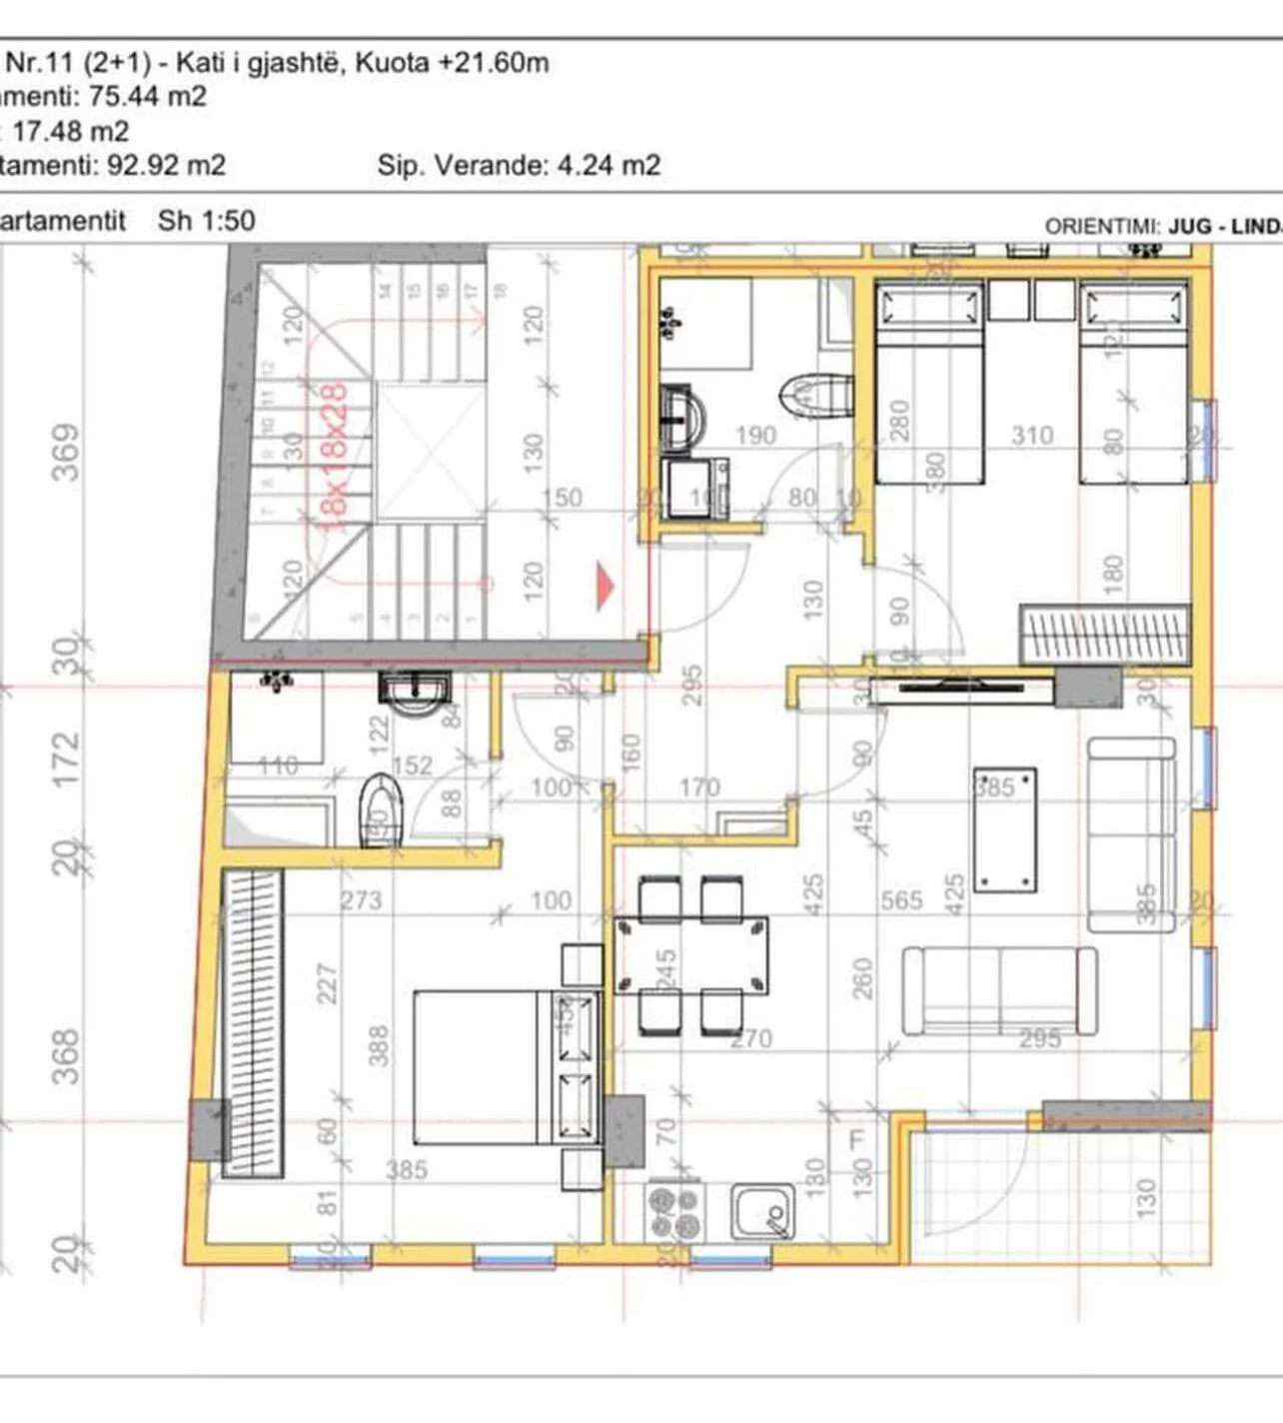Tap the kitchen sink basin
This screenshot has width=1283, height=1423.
click(761, 1212)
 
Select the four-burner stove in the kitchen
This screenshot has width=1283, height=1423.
click(673, 1212)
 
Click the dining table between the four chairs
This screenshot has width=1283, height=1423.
click(691, 955)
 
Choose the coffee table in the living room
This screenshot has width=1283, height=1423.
click(1005, 830)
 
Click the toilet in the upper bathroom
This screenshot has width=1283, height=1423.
click(816, 396)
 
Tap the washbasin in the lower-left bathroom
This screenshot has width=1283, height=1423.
click(415, 692)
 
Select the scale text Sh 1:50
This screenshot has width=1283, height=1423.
click(207, 221)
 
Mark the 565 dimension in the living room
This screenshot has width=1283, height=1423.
click(901, 900)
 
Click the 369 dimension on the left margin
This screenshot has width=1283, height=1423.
click(66, 452)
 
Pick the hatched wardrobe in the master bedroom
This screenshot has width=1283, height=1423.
click(252, 1023)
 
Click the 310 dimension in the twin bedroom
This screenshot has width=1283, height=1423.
click(1031, 436)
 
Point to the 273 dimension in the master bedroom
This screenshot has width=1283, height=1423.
click(361, 900)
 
